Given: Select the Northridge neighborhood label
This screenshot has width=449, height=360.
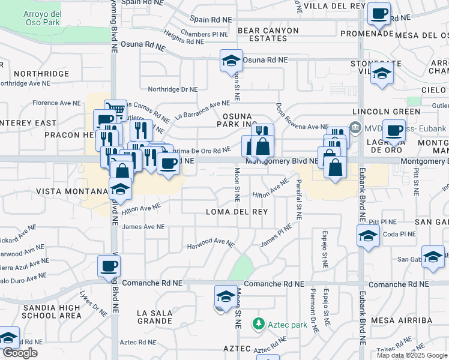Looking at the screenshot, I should (42, 73).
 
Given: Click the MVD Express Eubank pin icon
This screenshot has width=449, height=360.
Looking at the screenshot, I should (355, 127).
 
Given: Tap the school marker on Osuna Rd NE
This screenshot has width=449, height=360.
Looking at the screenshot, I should (231, 61).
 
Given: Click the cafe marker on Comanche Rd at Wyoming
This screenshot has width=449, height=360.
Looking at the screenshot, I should (109, 266).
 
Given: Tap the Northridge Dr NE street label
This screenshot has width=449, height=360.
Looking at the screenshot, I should (173, 89).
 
